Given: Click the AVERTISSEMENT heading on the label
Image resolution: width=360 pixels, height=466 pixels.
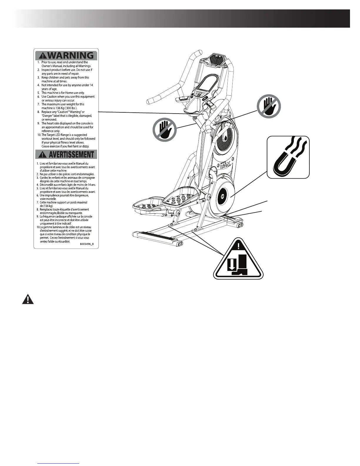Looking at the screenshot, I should (x=66, y=154).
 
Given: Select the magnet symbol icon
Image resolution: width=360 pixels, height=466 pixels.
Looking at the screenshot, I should (x=288, y=157).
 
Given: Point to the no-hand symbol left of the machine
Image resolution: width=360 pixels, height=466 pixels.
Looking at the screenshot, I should (x=164, y=130).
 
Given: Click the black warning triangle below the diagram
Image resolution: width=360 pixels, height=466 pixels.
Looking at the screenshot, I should (x=28, y=299).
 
